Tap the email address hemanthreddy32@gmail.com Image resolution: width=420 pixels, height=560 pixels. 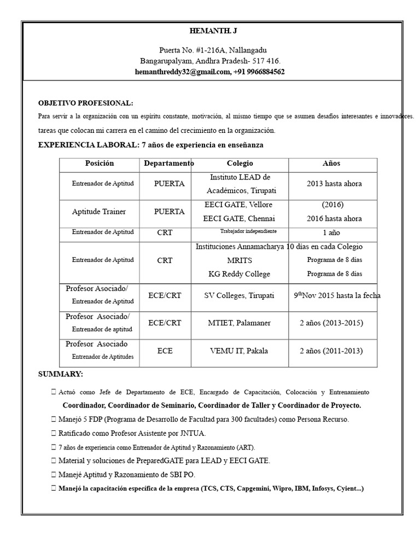[182, 72]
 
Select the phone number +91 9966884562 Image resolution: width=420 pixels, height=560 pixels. [259, 72]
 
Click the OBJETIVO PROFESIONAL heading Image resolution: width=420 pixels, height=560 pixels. [85, 103]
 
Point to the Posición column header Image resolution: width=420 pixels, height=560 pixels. [100, 164]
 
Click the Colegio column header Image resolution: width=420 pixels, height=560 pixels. [240, 164]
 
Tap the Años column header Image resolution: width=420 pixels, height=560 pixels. [331, 164]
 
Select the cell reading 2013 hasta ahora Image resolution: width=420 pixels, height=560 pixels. [334, 184]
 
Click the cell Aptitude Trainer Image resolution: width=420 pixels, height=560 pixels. [99, 212]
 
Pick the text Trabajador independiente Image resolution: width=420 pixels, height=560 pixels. [248, 231]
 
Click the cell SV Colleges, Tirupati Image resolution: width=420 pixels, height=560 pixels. [240, 295]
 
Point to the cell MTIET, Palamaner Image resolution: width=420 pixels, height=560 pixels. [239, 323]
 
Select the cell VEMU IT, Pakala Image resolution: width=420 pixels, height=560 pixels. [239, 351]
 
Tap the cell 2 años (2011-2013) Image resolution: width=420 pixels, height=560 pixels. [331, 351]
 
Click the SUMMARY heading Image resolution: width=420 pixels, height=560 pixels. [60, 374]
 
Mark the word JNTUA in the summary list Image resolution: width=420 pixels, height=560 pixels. [194, 433]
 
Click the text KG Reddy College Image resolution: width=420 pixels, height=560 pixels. [240, 274]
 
